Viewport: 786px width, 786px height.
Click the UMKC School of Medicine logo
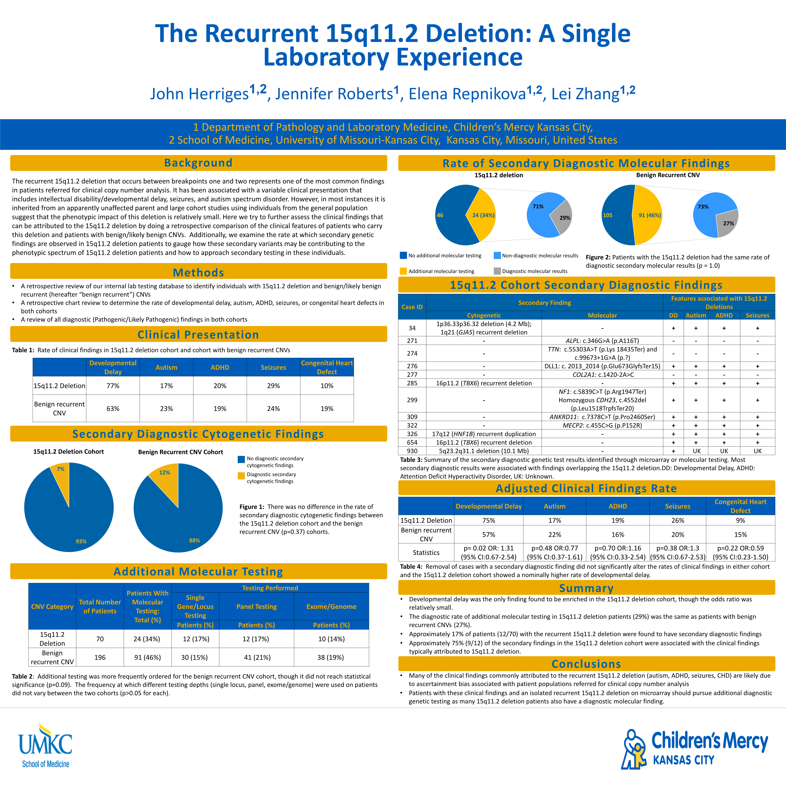coord(45,745)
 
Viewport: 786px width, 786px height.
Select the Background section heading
coord(198,163)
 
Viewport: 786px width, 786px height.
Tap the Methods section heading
coord(198,272)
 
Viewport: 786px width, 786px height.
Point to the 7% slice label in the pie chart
coord(61,469)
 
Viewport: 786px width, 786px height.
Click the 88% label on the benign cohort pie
coord(194,540)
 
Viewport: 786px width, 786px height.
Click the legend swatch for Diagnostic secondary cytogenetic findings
coord(241,476)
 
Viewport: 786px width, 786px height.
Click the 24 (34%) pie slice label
coord(483,215)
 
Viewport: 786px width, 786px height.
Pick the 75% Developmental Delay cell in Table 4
coord(489,520)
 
